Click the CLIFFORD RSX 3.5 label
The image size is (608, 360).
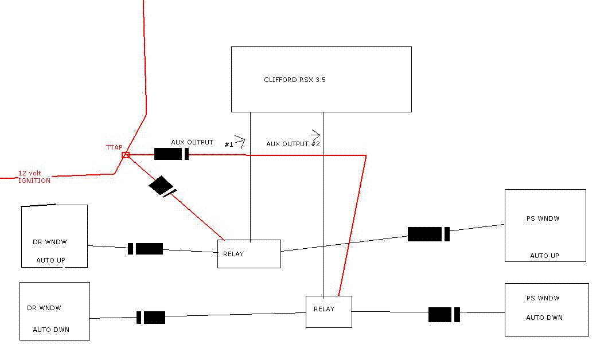tap(294, 80)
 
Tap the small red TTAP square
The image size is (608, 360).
tap(126, 155)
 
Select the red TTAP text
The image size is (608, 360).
tap(114, 147)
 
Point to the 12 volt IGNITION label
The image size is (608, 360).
tap(34, 177)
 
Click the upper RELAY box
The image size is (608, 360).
tap(249, 254)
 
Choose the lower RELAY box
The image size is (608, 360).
tap(328, 311)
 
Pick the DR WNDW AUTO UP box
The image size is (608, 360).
tap(54, 236)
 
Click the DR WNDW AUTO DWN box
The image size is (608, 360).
tap(54, 311)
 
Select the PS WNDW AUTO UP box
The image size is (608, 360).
tap(545, 226)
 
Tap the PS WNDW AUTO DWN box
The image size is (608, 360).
tap(546, 310)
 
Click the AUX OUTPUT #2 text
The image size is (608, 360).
tap(292, 144)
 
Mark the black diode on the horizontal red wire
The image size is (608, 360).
tap(172, 154)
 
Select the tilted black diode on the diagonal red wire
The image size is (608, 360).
tap(162, 186)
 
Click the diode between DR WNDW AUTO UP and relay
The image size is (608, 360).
tap(146, 249)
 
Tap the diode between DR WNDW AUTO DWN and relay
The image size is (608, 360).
tap(151, 317)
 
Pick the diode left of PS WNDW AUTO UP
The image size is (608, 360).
tap(428, 234)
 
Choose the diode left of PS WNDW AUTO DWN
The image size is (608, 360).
tap(444, 315)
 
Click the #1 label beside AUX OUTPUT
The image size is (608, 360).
tap(228, 144)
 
